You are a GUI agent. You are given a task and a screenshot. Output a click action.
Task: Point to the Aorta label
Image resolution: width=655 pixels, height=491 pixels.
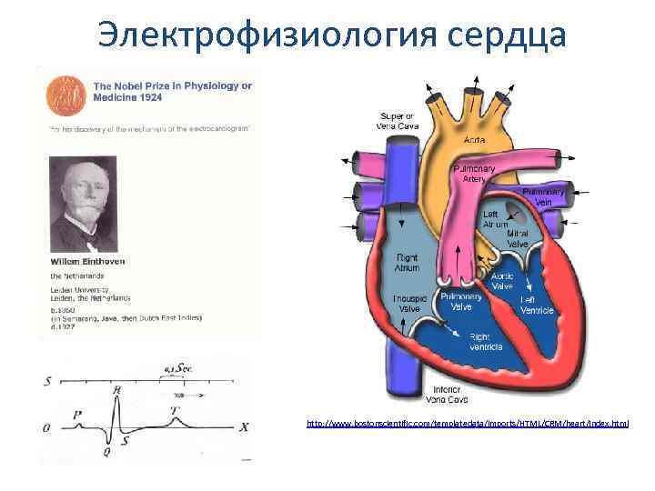[x=475, y=141]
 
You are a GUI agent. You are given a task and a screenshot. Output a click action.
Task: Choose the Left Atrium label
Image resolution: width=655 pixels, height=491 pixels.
[x=495, y=218]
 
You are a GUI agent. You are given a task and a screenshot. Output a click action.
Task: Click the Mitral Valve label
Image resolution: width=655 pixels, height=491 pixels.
[x=518, y=238]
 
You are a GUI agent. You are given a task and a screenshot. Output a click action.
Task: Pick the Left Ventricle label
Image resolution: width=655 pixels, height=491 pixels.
[x=536, y=305]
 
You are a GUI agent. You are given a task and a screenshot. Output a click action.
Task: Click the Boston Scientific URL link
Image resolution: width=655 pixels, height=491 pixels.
[x=467, y=424]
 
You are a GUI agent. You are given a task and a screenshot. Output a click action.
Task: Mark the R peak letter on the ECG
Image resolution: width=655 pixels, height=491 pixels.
[x=116, y=390]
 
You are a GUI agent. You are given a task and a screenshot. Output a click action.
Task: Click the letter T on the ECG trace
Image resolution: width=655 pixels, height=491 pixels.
[x=175, y=409]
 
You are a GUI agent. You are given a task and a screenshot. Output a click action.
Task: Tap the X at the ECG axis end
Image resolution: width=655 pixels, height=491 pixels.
[x=243, y=426]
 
